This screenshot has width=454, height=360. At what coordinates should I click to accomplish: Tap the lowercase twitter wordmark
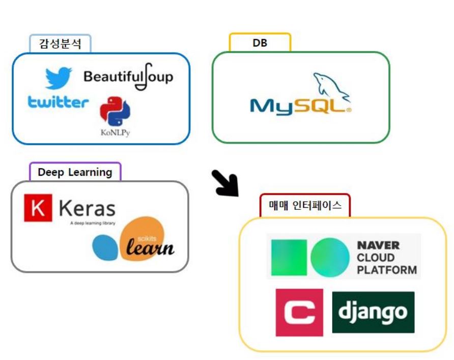point(58,102)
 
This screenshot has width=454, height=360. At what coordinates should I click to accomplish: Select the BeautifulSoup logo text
point(128,77)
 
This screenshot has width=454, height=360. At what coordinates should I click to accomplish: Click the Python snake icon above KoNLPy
point(115,111)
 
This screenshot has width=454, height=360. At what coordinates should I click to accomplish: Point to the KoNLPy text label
point(116,133)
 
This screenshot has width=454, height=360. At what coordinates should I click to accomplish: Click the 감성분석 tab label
point(61,43)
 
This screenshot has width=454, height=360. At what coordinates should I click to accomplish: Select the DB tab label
point(260,43)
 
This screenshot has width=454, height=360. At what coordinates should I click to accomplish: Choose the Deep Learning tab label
point(75,172)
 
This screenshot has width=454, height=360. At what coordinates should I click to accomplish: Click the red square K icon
point(38,208)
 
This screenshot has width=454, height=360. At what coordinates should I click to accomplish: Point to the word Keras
point(87,208)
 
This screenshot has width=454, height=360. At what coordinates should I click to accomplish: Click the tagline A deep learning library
point(93,223)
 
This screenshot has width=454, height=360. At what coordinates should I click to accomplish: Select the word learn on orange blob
point(150,248)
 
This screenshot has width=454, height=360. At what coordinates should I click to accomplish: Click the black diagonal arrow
point(225,183)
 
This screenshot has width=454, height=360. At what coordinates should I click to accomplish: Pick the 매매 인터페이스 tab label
point(305,205)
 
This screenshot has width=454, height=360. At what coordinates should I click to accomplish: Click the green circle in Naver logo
point(331,256)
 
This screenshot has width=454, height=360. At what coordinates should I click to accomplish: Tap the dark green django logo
point(373,312)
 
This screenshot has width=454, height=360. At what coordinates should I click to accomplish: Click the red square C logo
point(299,312)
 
